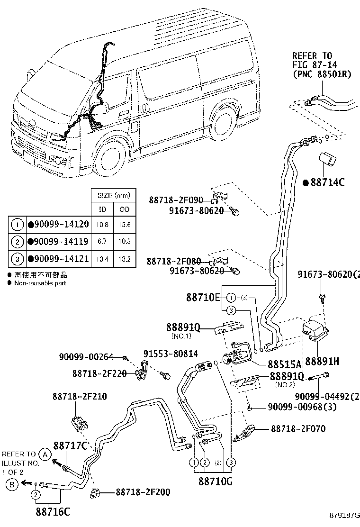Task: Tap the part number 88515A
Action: (x=284, y=364)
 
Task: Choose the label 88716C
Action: (x=53, y=512)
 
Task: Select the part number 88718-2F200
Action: (x=143, y=492)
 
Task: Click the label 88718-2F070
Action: (x=298, y=429)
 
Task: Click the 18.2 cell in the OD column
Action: (x=125, y=259)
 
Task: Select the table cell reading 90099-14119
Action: (x=58, y=242)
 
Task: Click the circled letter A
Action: (x=45, y=454)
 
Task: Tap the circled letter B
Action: (x=12, y=484)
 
